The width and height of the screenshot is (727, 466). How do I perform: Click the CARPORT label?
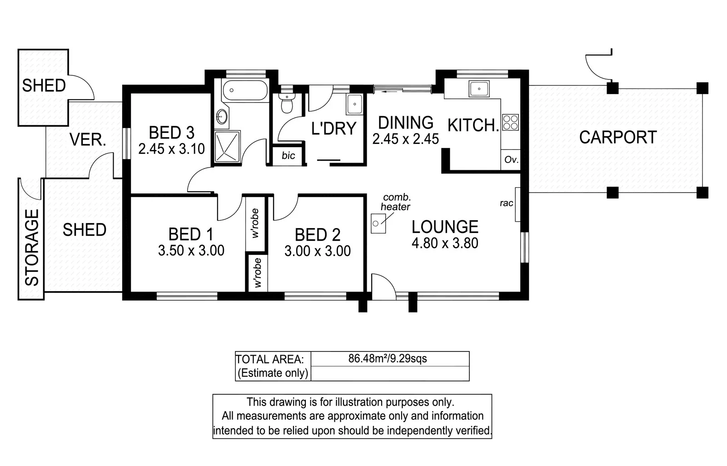point(617,137)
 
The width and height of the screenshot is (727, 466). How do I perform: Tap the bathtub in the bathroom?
point(245,90)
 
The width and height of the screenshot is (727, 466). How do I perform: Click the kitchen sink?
point(479,89)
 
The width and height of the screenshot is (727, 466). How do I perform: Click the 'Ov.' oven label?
point(511,160)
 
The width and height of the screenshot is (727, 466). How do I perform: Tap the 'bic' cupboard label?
point(288,156)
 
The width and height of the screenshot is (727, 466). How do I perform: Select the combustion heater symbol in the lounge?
point(378,224)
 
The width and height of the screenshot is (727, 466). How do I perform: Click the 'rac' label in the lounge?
point(506,203)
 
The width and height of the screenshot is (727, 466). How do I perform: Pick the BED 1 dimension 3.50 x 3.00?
point(191,251)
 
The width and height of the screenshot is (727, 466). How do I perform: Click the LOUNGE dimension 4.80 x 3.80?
point(445,243)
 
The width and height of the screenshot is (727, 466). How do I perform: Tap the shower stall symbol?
point(227,146)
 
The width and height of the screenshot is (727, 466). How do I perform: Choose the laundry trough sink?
point(354,104)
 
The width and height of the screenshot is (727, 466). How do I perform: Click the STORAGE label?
point(32,247)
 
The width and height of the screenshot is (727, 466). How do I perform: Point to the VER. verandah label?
point(88,140)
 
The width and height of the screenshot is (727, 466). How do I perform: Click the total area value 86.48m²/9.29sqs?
point(388,359)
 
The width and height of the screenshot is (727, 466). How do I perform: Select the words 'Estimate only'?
point(273,373)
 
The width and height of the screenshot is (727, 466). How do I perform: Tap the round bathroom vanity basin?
point(222,116)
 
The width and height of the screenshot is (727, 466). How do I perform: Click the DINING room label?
point(406,123)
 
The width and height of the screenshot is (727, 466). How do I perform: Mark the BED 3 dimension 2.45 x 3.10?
point(171,149)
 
